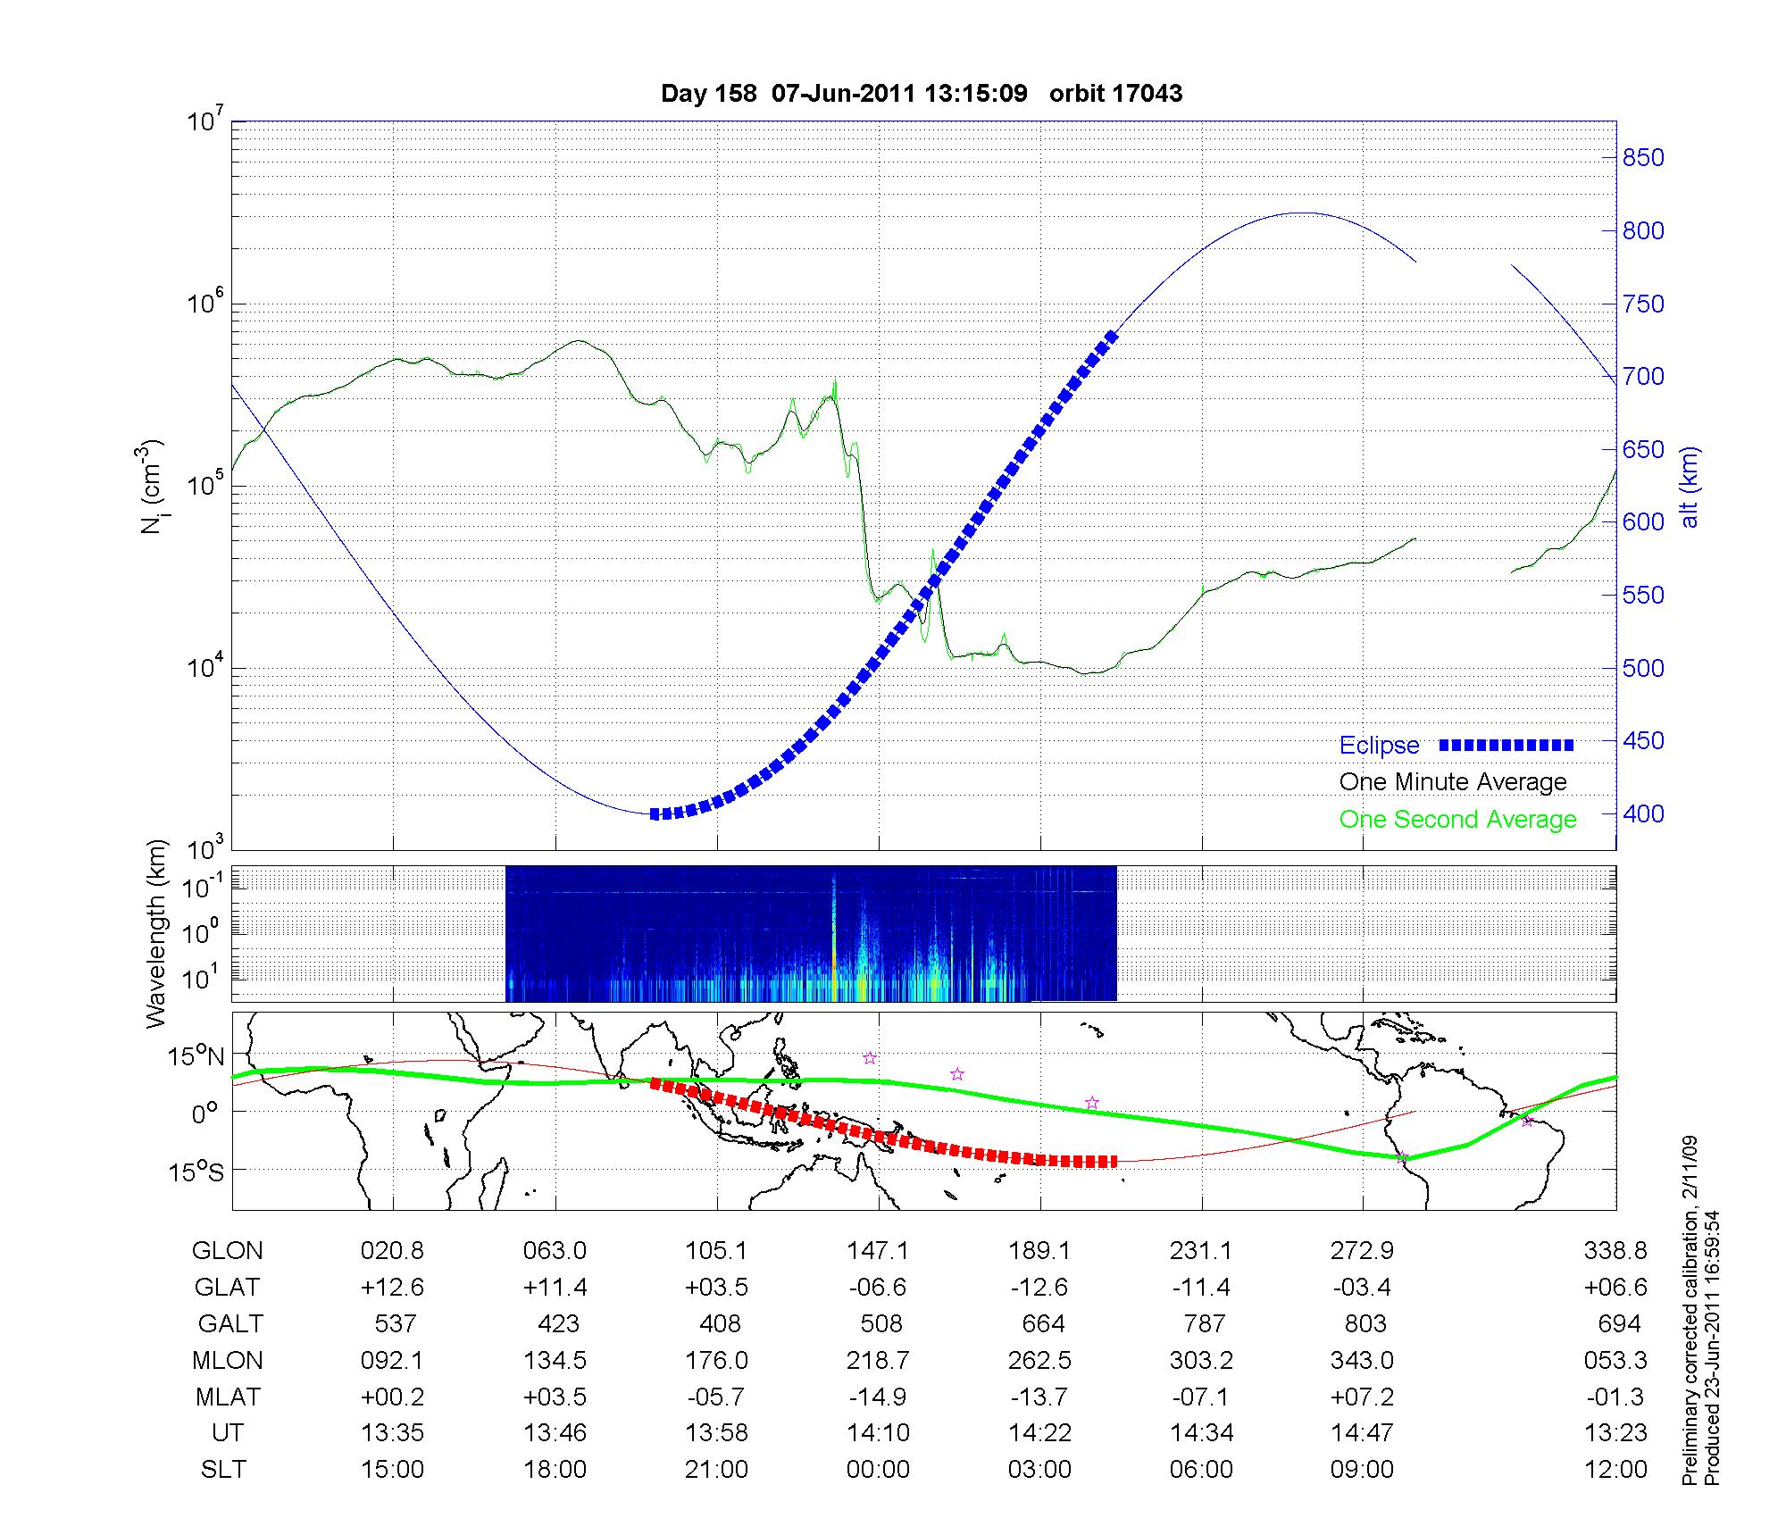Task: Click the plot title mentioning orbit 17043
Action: click(922, 93)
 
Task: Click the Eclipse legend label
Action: click(1379, 746)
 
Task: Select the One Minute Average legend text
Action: click(1453, 782)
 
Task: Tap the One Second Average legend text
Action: click(1457, 820)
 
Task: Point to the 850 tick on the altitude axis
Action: click(1643, 158)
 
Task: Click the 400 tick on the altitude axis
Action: click(1643, 814)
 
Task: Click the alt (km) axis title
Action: click(1690, 487)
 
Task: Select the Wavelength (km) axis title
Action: click(157, 933)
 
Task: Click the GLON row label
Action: click(228, 1251)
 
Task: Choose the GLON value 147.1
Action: click(878, 1251)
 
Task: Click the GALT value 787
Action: click(1203, 1323)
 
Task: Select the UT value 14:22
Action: click(1040, 1433)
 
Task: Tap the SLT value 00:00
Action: click(878, 1470)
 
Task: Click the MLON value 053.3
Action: click(1615, 1361)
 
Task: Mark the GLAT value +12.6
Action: click(392, 1288)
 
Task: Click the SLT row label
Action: click(223, 1470)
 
